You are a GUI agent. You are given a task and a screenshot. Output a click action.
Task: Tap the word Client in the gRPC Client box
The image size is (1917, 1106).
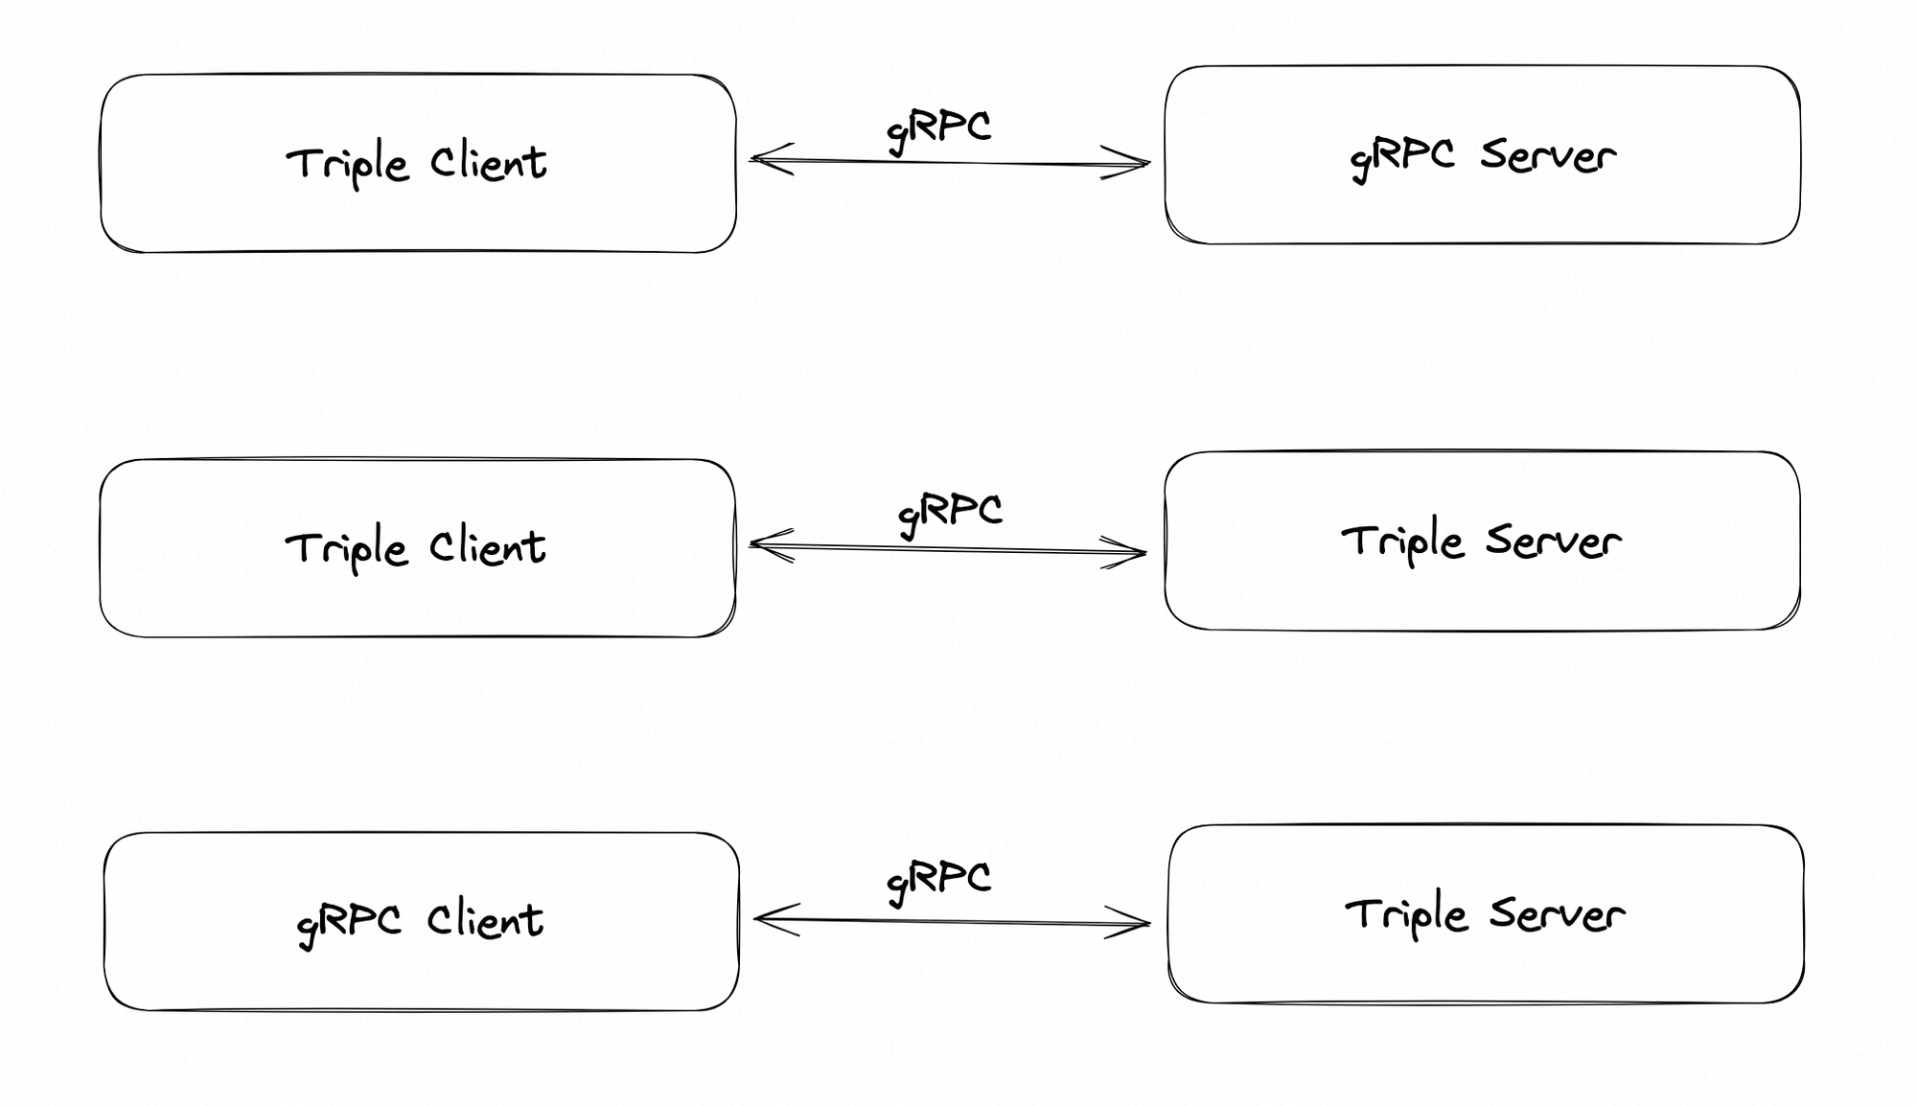pos(485,920)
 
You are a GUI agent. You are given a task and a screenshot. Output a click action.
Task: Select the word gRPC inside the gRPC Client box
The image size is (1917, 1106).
pos(349,923)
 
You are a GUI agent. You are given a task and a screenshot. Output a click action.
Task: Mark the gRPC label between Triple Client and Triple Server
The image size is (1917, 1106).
pos(950,512)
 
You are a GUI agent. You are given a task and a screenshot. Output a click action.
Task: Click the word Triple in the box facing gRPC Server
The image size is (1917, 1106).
pos(347,165)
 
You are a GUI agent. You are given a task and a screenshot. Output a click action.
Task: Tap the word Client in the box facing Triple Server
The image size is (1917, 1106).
pos(487,547)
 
